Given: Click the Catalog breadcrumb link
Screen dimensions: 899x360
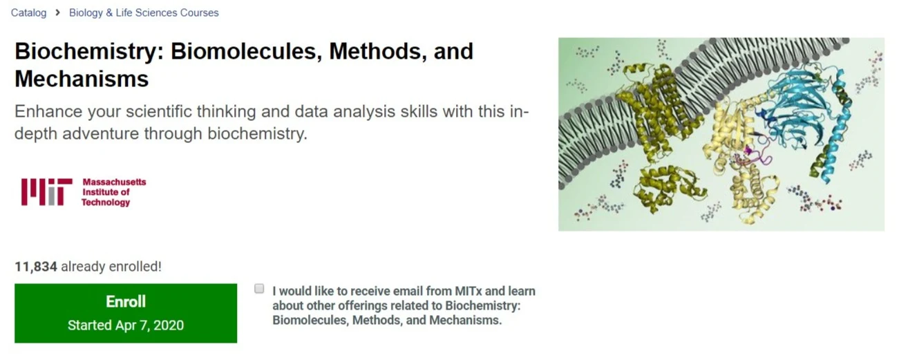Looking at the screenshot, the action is tap(28, 13).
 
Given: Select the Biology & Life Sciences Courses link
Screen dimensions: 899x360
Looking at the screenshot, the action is tap(144, 13).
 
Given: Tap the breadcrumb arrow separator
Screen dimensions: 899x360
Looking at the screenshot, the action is tap(58, 13).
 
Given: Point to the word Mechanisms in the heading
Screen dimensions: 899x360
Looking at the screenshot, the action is tap(82, 79).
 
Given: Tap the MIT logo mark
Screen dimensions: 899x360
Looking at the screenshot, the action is tap(47, 192).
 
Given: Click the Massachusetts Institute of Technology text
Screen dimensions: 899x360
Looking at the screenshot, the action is tap(114, 192).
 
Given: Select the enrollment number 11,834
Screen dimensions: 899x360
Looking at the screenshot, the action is tap(36, 267).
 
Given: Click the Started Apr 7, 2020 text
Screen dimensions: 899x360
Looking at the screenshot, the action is tap(126, 325).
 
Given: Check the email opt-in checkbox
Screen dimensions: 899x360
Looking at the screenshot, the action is tap(259, 289).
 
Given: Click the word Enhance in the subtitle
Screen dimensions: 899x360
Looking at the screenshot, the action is tap(48, 111).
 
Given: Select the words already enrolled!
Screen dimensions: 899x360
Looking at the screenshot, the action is tap(111, 267).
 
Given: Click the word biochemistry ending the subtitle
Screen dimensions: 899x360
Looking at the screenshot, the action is tap(257, 133).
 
